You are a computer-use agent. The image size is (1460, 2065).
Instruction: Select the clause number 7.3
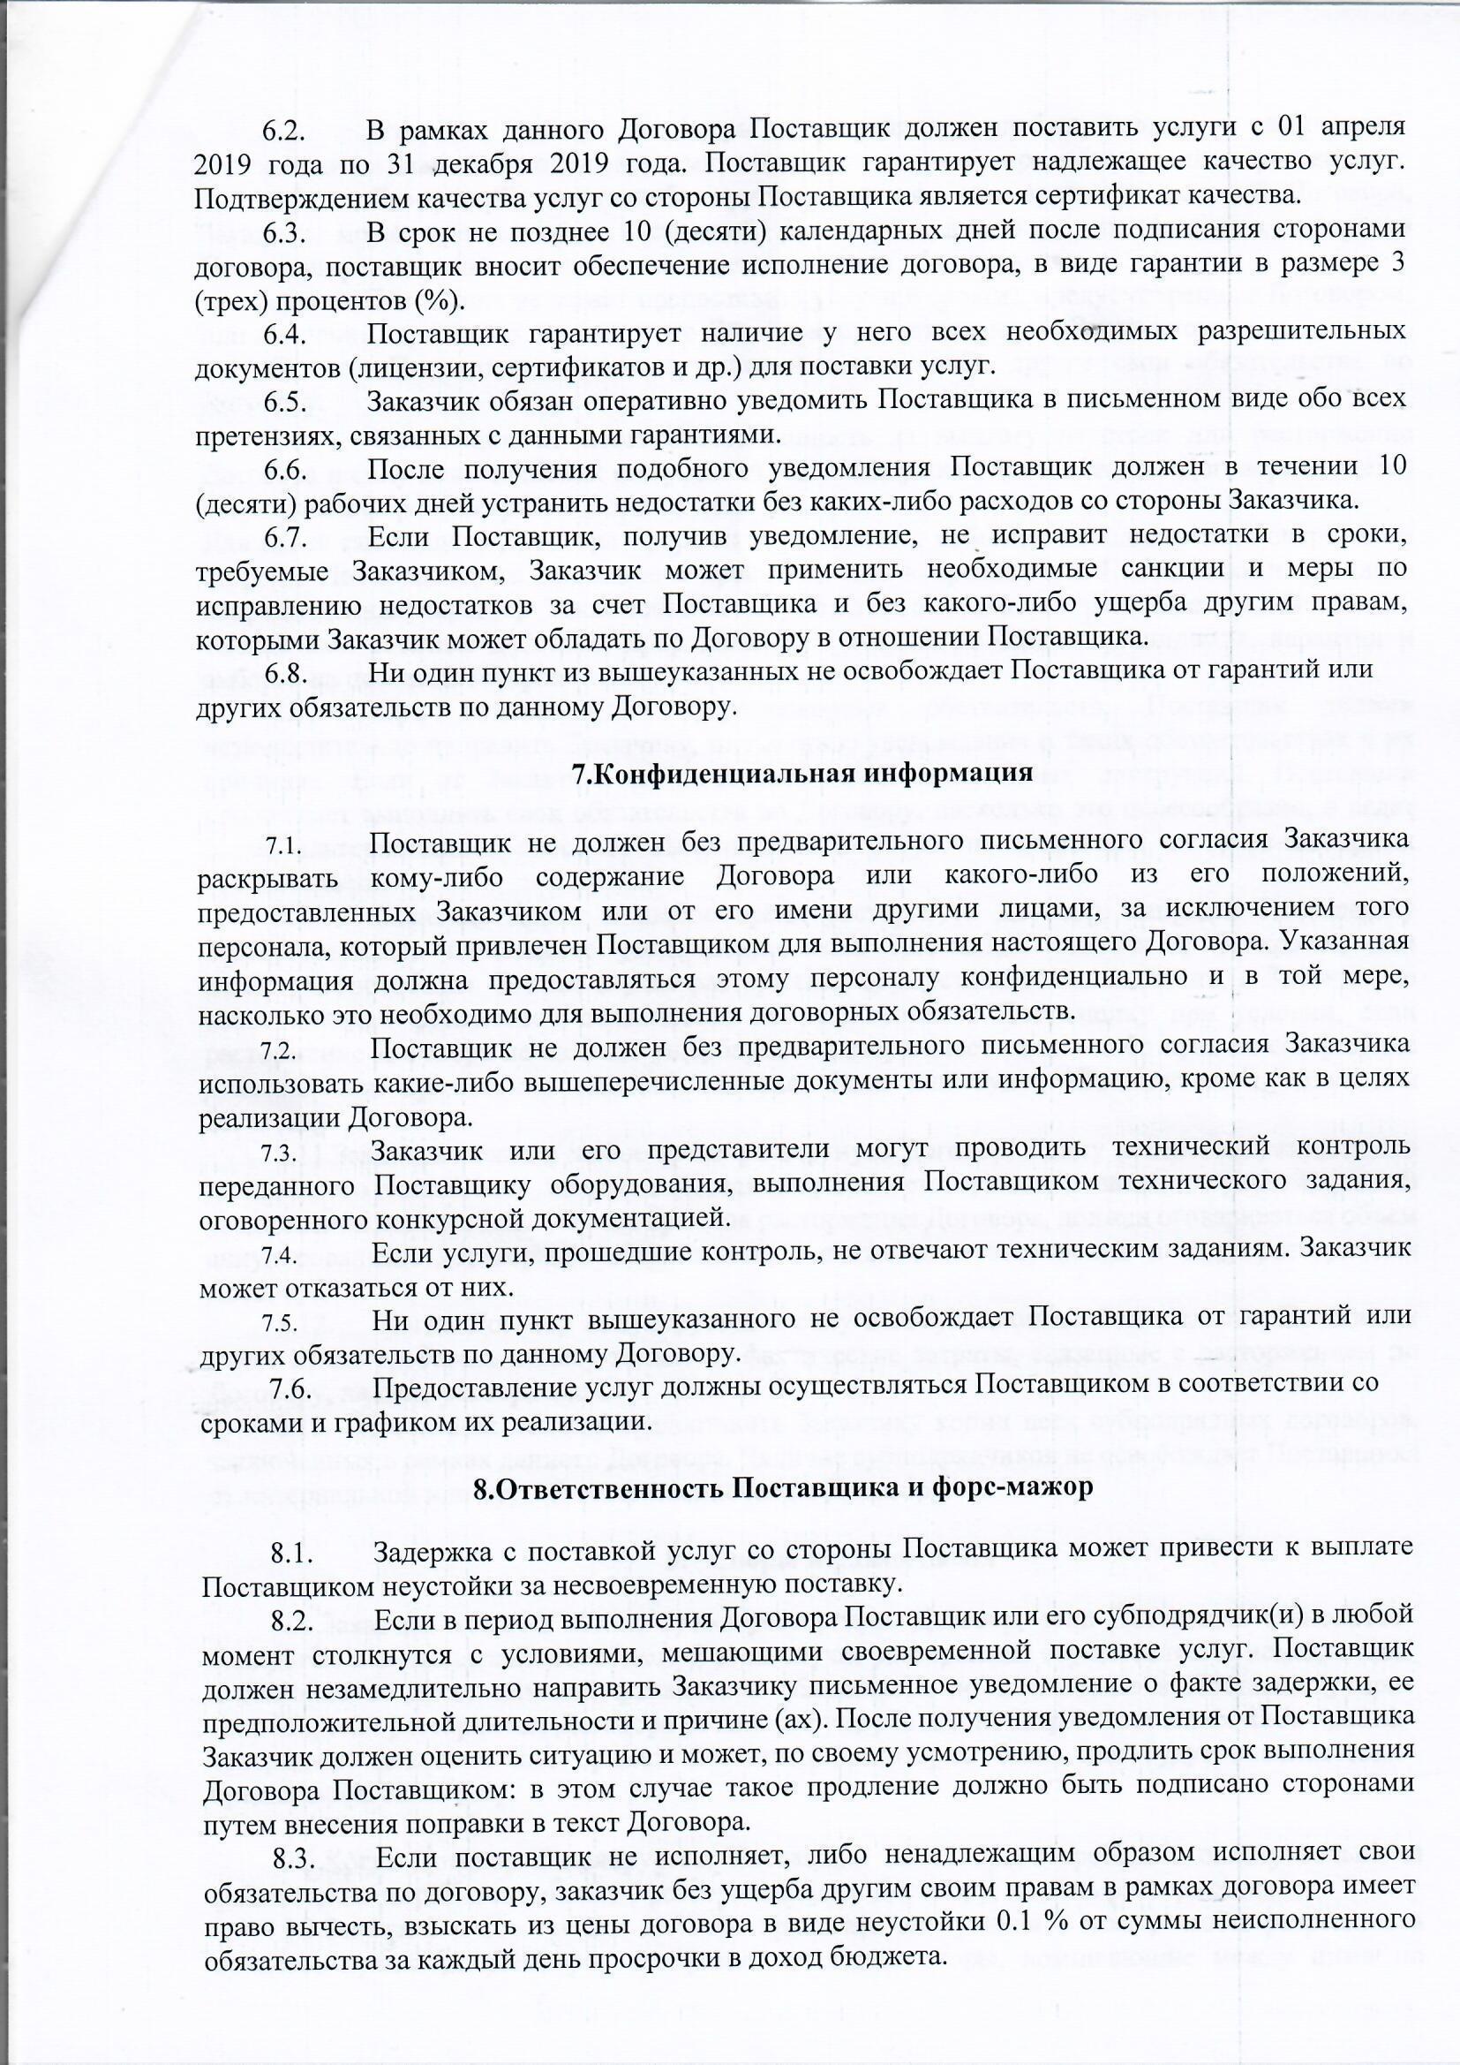278,1152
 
